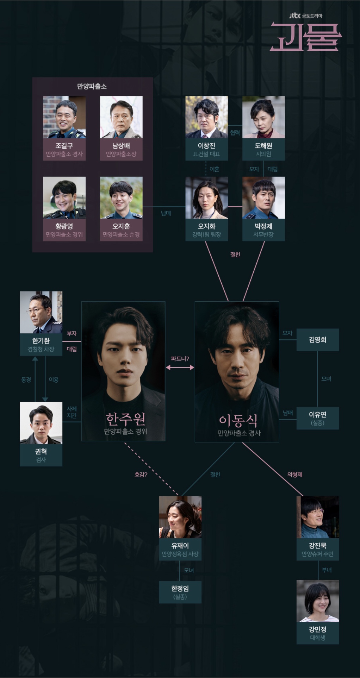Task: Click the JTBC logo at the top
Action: (x=295, y=15)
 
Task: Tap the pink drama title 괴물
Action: (x=305, y=37)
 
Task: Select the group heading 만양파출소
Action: (x=92, y=86)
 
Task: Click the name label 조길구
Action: (x=64, y=146)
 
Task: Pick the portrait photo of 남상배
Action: (x=121, y=117)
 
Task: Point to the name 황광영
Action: (x=64, y=226)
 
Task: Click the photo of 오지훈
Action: (x=121, y=197)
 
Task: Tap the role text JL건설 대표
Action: (x=206, y=154)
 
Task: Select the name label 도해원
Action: (x=263, y=146)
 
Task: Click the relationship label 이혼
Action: (x=214, y=169)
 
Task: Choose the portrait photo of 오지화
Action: (x=206, y=197)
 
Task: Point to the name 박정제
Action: (x=263, y=226)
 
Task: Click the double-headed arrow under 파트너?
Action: (x=180, y=367)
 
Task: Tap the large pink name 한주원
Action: (x=125, y=419)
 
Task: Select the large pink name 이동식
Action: (x=238, y=420)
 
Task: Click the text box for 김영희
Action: (x=317, y=340)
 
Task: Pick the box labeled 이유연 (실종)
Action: (x=317, y=418)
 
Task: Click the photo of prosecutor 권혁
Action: (x=41, y=422)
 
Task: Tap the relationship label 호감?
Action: (x=141, y=475)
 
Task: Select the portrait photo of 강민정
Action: (x=318, y=601)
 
